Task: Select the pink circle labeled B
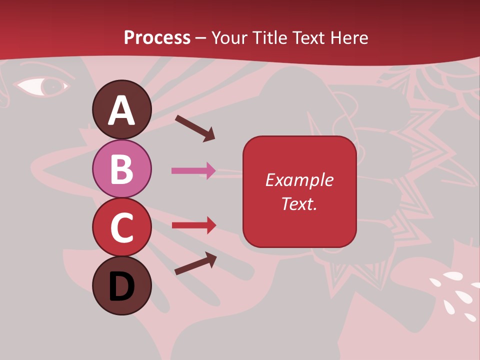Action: (122, 168)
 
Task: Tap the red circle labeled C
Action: (122, 227)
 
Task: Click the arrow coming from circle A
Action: (195, 127)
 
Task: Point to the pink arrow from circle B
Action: (193, 171)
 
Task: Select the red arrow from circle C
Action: (194, 225)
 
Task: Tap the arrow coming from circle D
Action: (195, 263)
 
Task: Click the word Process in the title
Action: (157, 37)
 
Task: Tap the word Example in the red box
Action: (299, 180)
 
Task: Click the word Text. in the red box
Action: (299, 203)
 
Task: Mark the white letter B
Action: (122, 169)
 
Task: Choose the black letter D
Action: (122, 287)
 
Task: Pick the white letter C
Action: (122, 227)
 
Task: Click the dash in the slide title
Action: (201, 38)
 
